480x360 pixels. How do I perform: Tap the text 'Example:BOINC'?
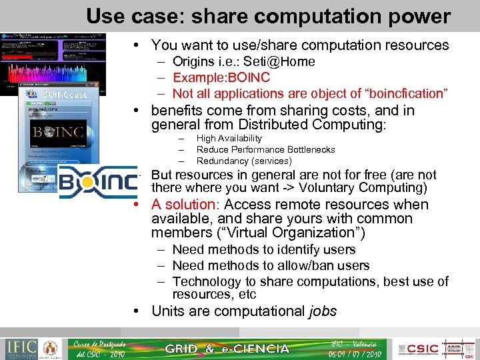(x=221, y=78)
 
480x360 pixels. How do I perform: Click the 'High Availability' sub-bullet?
(x=229, y=139)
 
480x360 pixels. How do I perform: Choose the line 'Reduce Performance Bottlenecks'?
(x=265, y=150)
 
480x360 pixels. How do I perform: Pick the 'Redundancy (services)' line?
(x=243, y=161)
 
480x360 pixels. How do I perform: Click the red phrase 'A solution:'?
(x=186, y=205)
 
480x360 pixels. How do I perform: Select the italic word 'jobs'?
(x=323, y=311)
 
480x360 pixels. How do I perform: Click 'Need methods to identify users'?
(x=263, y=250)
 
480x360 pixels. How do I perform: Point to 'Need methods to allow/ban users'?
(x=271, y=265)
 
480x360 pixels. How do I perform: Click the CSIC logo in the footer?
(x=422, y=349)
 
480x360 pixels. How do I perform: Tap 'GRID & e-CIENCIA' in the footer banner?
(x=227, y=349)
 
